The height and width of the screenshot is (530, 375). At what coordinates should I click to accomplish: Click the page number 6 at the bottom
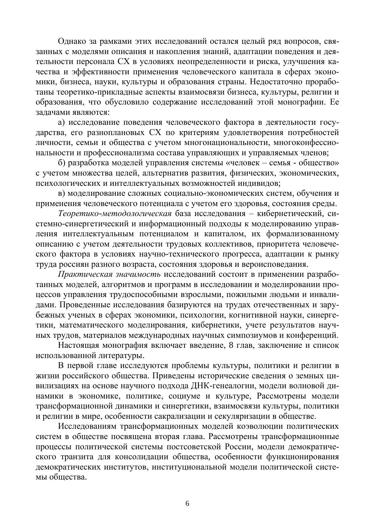click(187, 503)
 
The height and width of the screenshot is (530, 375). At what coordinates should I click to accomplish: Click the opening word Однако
click(72, 41)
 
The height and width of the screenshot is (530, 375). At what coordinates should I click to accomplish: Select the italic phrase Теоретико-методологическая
click(115, 214)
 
